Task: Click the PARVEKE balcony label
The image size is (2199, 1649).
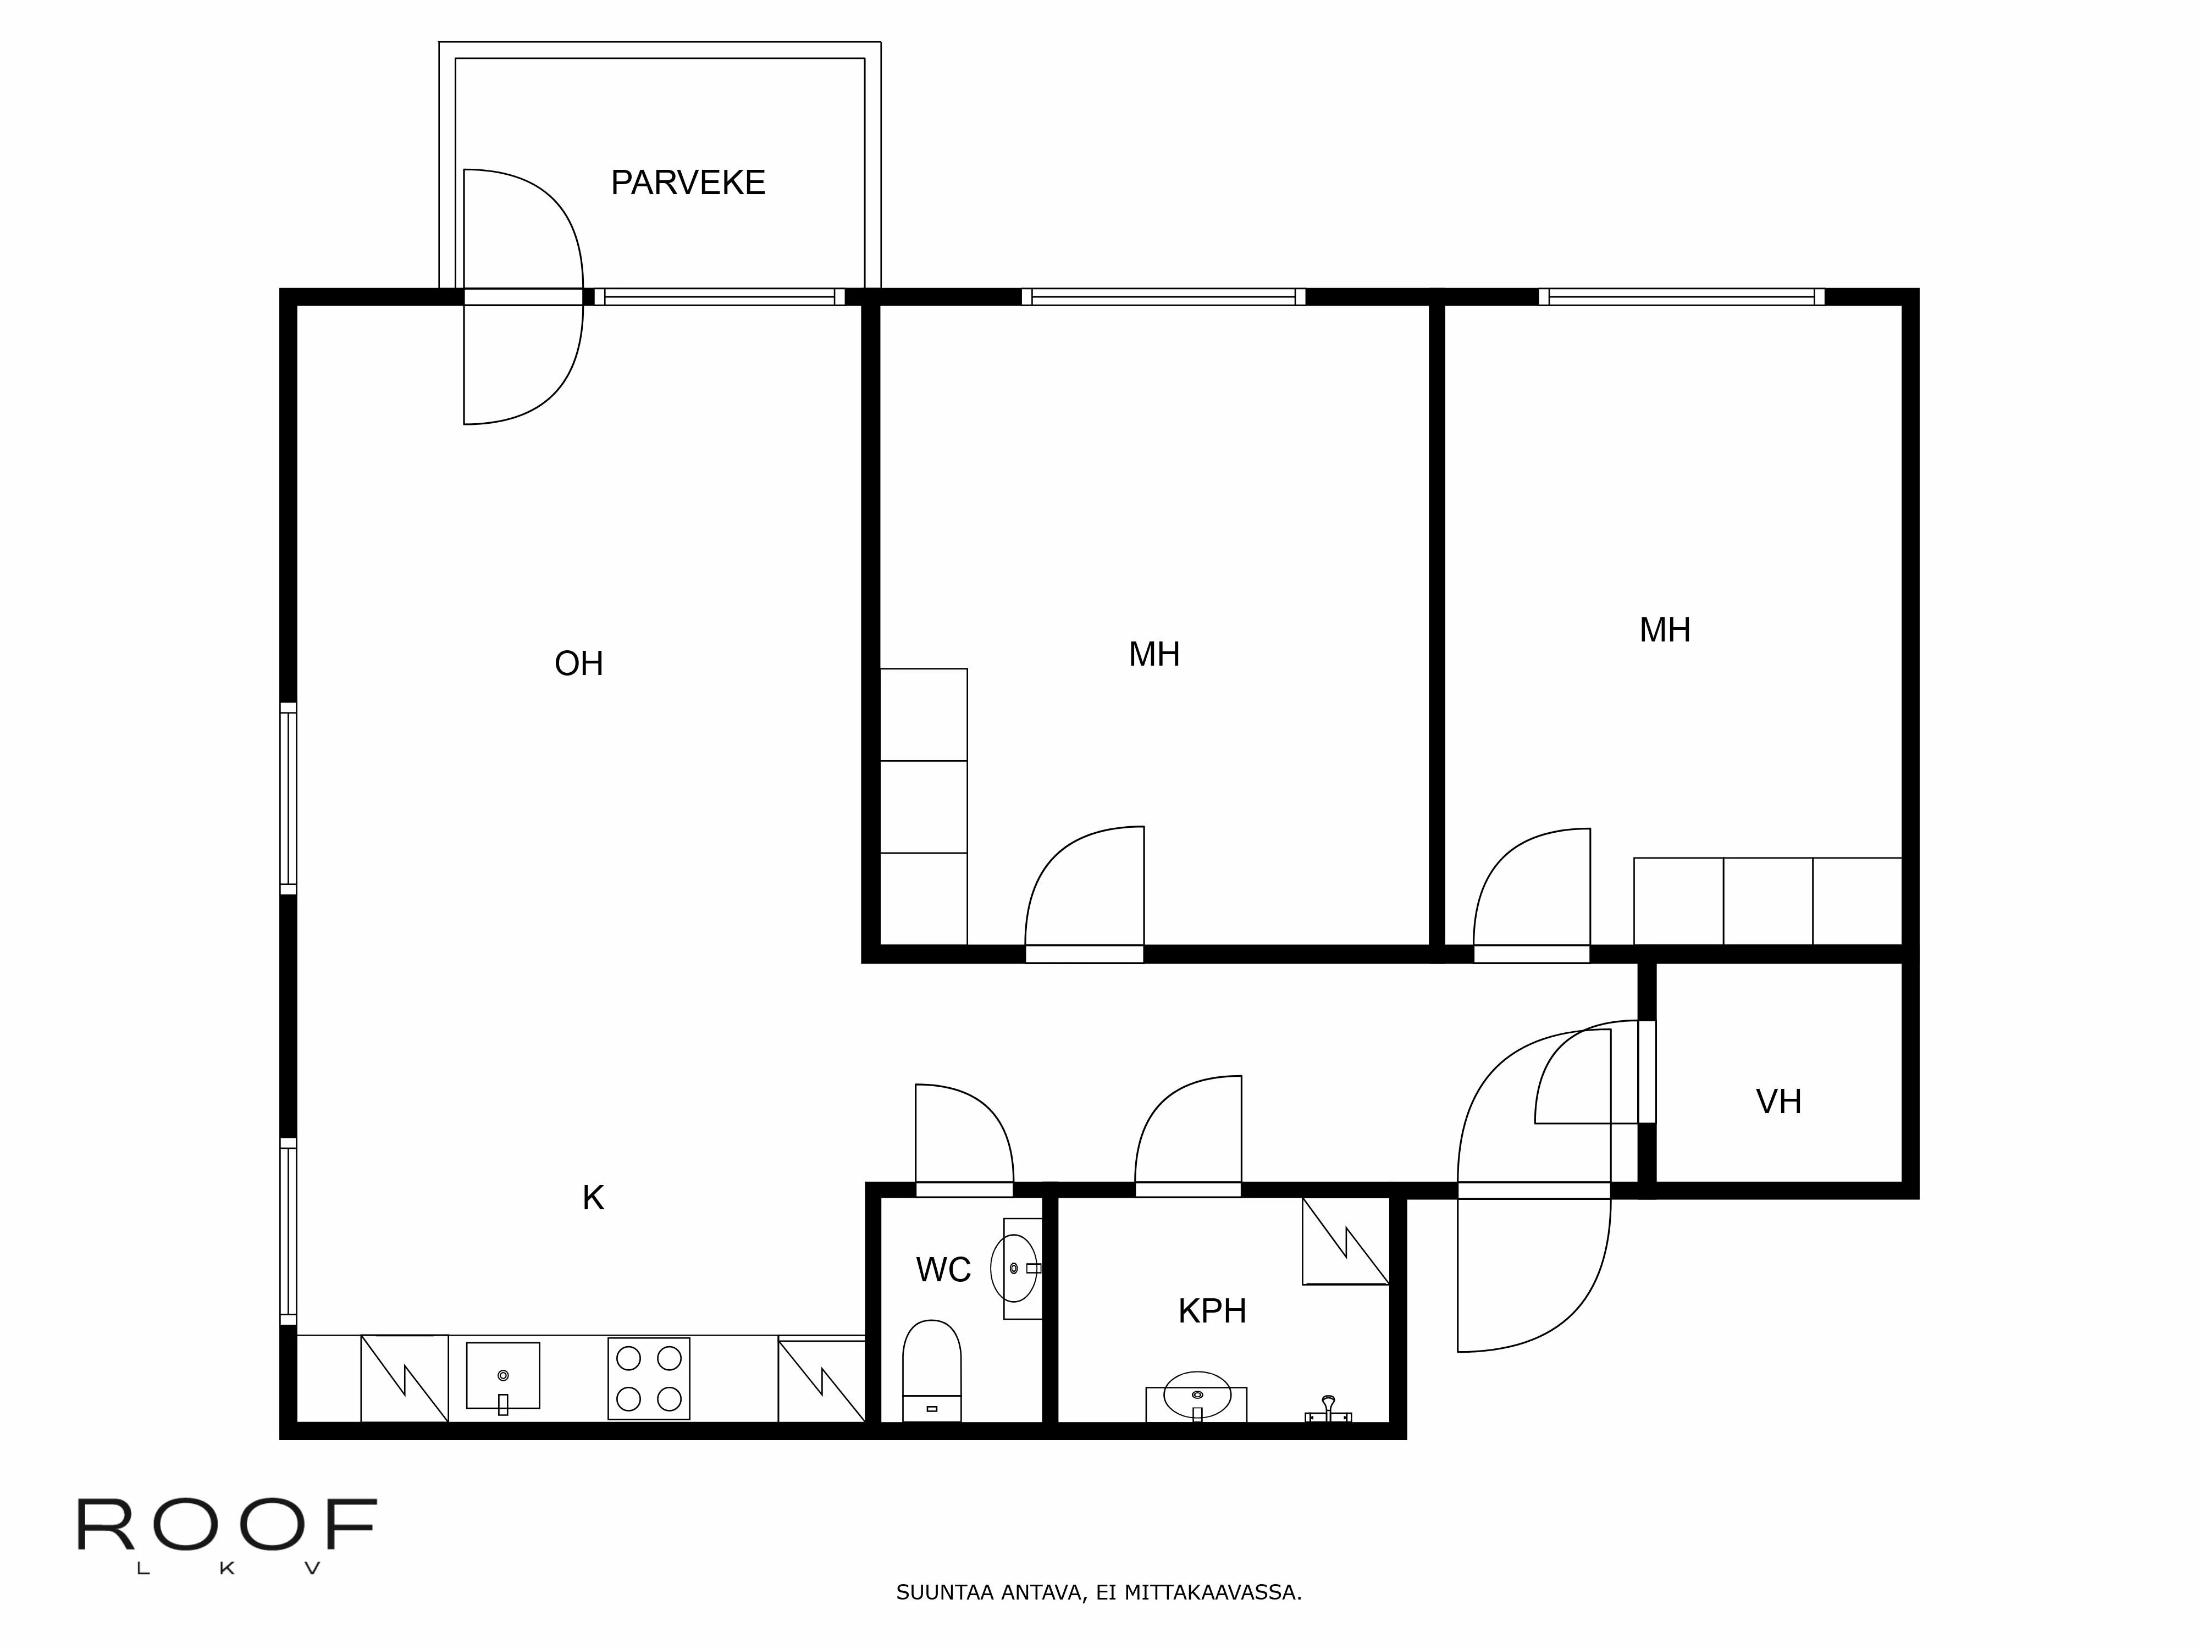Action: [687, 183]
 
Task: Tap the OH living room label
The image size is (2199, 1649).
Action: [578, 663]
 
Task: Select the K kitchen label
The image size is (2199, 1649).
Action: [593, 1198]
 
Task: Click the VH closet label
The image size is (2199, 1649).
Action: [1778, 1102]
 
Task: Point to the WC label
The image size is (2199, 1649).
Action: [942, 1269]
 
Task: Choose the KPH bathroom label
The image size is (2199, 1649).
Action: [1212, 1311]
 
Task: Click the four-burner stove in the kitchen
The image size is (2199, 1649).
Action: [648, 1377]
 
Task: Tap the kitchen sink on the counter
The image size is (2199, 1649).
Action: [503, 1376]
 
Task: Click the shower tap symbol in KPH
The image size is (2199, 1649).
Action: [1328, 1409]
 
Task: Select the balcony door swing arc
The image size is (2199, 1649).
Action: [537, 298]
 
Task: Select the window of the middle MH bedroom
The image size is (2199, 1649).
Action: [1163, 296]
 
